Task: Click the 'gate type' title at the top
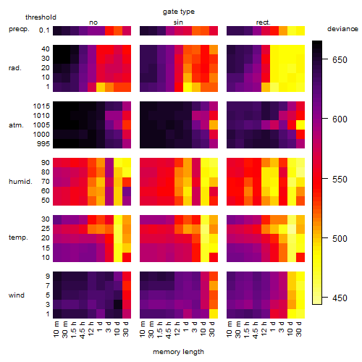[x=179, y=12]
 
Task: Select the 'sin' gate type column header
[x=178, y=22]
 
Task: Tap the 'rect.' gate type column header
[x=263, y=22]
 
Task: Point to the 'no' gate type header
[x=93, y=22]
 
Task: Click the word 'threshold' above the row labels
[x=41, y=17]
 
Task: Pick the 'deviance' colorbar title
[x=342, y=29]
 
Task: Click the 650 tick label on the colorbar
[x=340, y=59]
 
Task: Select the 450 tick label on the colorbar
[x=340, y=298]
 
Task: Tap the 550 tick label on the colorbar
[x=340, y=180]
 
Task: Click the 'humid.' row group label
[x=20, y=182]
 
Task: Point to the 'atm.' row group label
[x=16, y=125]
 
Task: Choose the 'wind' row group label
[x=17, y=295]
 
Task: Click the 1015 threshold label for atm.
[x=41, y=106]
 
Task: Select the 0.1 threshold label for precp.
[x=44, y=30]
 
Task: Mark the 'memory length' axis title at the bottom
[x=179, y=352]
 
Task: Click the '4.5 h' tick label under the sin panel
[x=169, y=330]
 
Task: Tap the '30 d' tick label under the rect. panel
[x=299, y=329]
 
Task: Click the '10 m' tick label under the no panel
[x=56, y=329]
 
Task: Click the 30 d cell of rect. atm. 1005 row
[x=300, y=125]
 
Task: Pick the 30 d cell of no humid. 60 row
[x=127, y=191]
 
